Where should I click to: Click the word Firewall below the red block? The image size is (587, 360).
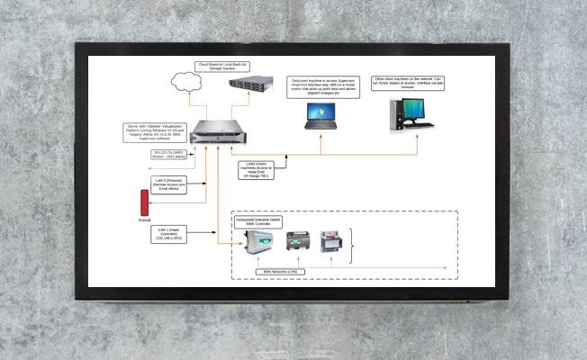pyautogui.click(x=144, y=219)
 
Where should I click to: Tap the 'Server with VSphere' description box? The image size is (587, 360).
pyautogui.click(x=153, y=131)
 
